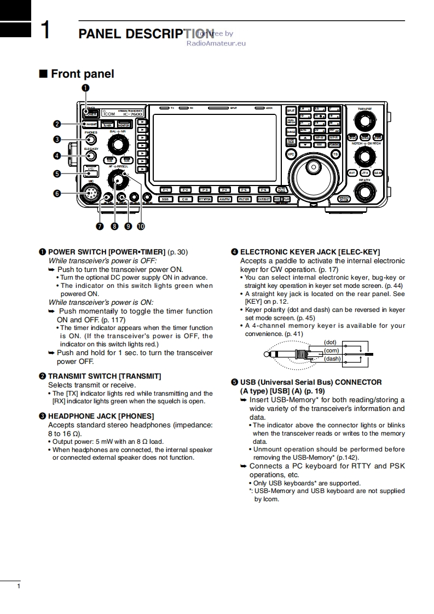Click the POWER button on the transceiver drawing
click(91, 114)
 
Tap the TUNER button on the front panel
click(107, 125)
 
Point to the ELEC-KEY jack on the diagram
click(91, 155)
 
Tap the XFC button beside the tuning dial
click(291, 155)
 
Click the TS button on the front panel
click(335, 155)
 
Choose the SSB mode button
click(165, 199)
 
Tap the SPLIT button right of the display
click(291, 111)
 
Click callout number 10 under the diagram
click(141, 225)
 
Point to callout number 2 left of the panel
click(57, 124)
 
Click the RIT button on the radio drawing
click(352, 173)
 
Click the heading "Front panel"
click(82, 74)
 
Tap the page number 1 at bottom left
click(19, 587)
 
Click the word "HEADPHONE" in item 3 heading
click(71, 416)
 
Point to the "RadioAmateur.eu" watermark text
click(216, 43)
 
